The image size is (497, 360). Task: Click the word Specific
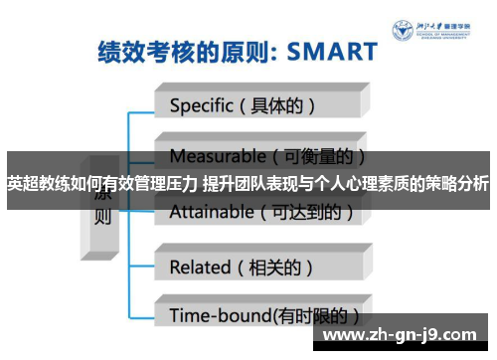click(201, 103)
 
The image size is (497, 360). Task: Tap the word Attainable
click(213, 211)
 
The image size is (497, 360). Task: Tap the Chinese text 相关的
click(281, 266)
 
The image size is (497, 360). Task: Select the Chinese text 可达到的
click(308, 211)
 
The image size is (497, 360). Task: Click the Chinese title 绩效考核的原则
click(169, 51)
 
